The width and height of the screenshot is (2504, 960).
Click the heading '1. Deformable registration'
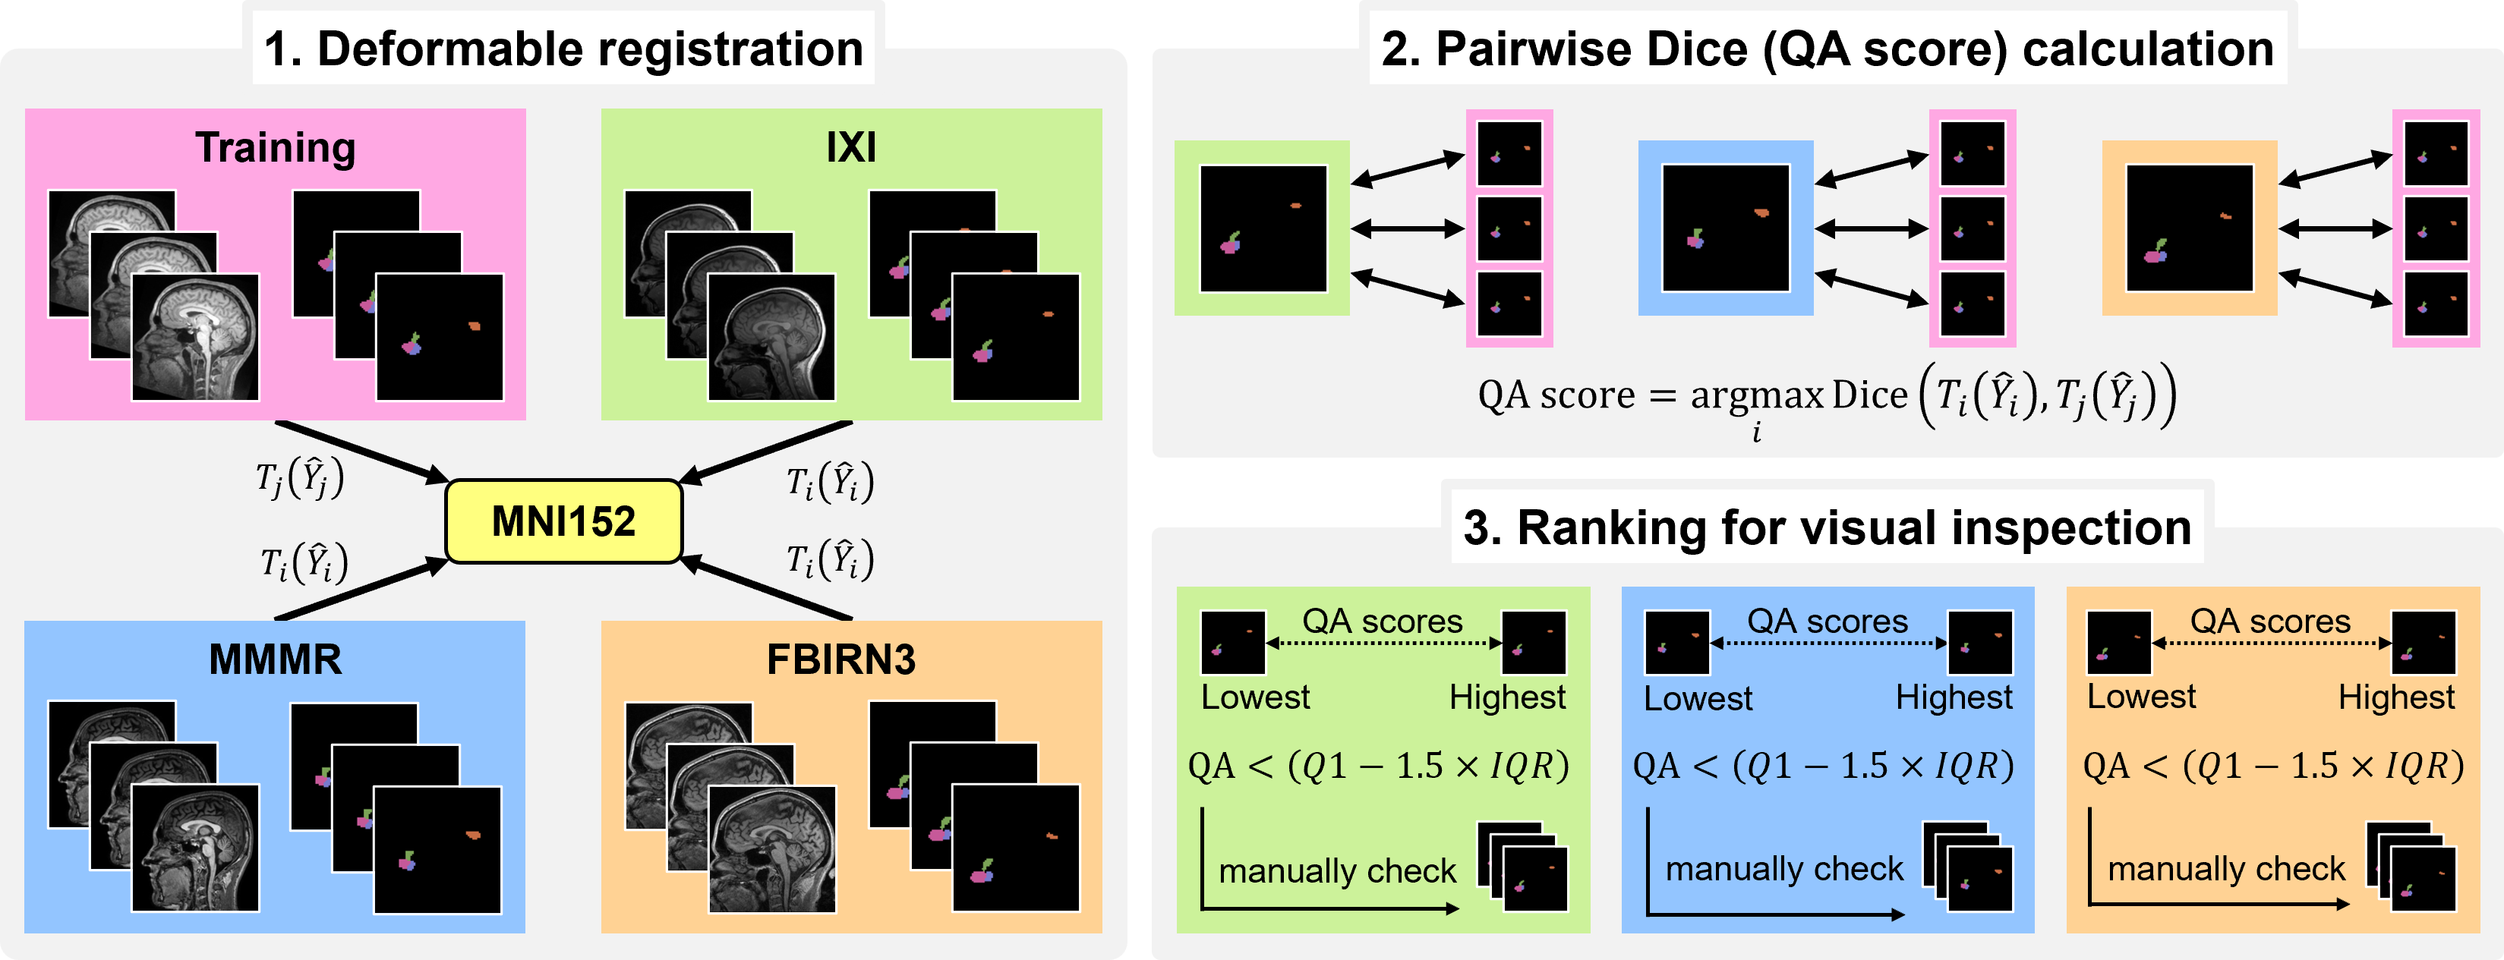[564, 49]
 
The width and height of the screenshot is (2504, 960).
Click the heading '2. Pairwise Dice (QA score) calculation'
[1828, 49]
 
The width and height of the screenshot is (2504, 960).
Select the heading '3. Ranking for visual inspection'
[1828, 527]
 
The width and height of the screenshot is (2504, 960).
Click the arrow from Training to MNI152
[360, 451]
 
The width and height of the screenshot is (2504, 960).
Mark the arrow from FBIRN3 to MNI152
[768, 589]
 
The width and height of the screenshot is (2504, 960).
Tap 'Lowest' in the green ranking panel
[1255, 697]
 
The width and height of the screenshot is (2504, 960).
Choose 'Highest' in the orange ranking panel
[2396, 697]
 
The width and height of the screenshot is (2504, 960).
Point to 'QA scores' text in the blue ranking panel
[1828, 621]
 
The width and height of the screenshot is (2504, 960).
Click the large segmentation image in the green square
[1263, 228]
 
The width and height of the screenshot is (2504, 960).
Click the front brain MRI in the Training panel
[195, 337]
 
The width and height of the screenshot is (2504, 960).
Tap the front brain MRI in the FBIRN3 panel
[772, 849]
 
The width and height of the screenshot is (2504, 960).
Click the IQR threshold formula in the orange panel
[2272, 766]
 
